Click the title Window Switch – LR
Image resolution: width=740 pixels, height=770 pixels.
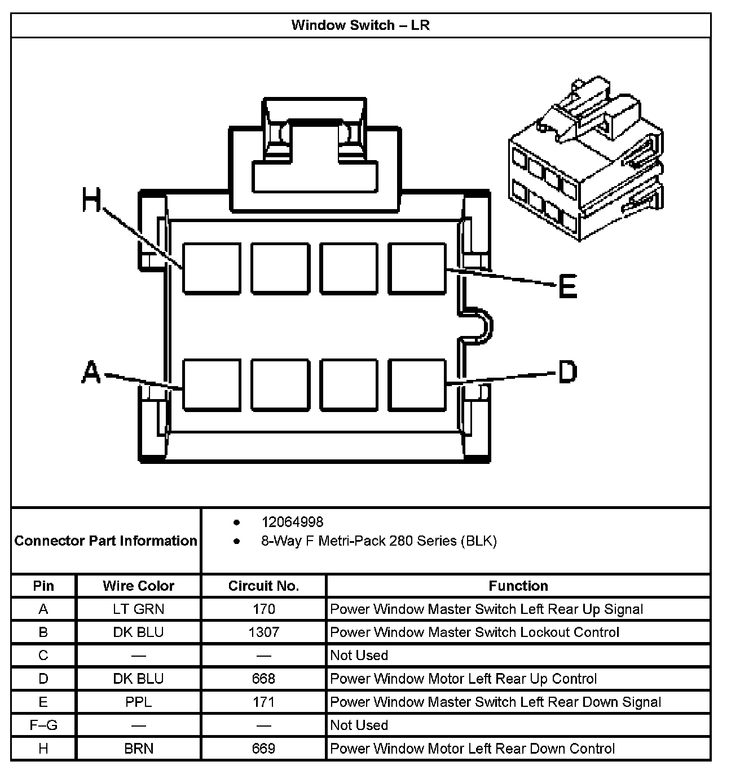click(x=360, y=25)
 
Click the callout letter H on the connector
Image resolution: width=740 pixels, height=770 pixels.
click(x=91, y=200)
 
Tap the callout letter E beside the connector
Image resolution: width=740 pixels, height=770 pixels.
click(x=567, y=286)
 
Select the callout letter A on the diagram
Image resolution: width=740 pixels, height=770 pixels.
click(x=91, y=373)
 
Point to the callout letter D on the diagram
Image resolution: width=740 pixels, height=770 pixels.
click(x=567, y=373)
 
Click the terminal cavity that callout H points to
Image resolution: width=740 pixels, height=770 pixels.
click(x=212, y=268)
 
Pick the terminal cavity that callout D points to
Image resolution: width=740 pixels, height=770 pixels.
click(x=417, y=384)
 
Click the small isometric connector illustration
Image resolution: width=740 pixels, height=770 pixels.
click(x=585, y=161)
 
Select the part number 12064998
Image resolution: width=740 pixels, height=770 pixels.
click(x=292, y=522)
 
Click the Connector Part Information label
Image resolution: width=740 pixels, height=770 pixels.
click(x=106, y=541)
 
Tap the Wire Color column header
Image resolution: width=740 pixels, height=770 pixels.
click(x=138, y=586)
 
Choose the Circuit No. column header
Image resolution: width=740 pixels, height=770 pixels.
click(x=263, y=586)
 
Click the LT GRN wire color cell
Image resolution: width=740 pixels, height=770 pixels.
click(x=138, y=609)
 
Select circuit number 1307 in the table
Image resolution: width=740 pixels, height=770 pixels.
click(x=263, y=632)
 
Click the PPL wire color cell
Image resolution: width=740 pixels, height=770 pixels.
click(x=138, y=702)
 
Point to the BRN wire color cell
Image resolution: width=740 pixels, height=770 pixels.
click(x=138, y=749)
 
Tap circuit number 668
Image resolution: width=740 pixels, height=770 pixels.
click(x=263, y=678)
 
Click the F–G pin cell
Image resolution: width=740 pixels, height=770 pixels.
click(x=43, y=725)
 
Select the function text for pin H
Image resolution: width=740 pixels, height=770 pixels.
click(x=472, y=749)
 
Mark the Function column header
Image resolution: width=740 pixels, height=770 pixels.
click(x=518, y=586)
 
